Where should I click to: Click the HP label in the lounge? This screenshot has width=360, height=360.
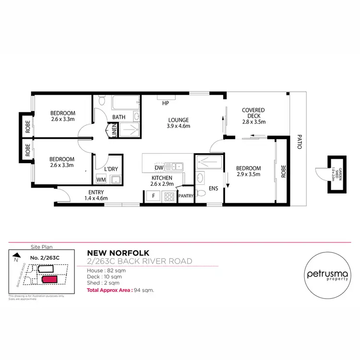coord(165,103)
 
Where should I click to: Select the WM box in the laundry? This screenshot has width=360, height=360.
coord(101,180)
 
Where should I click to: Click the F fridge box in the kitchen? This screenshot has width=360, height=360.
coord(153,196)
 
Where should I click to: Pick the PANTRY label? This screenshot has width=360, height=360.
coord(185,196)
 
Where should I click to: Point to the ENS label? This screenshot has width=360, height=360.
coord(213,189)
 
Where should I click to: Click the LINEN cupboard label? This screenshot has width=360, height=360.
coord(114,130)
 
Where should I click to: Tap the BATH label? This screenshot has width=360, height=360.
coord(119,117)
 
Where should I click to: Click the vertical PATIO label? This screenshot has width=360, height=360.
coord(299,141)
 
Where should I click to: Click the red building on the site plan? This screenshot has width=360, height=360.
coord(49,279)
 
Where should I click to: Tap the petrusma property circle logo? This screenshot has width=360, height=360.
coord(329,275)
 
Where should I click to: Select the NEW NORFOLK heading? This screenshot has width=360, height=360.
coord(118,252)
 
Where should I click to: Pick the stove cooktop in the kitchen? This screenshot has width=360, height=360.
coord(169,196)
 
